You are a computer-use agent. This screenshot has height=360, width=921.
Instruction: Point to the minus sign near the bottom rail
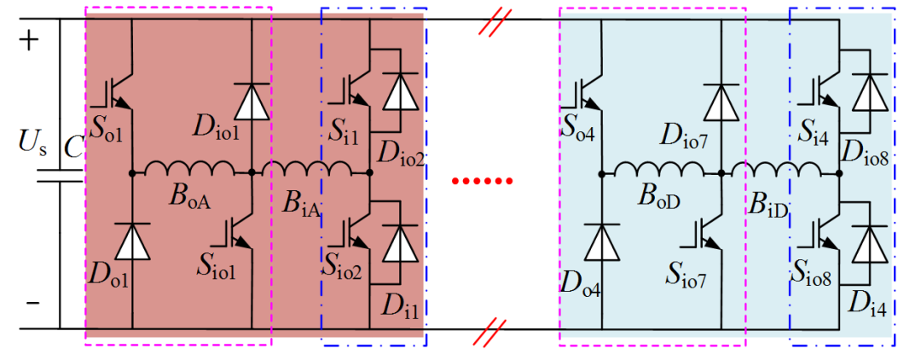tap(33, 303)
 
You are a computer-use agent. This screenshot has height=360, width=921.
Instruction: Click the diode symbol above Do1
tap(131, 241)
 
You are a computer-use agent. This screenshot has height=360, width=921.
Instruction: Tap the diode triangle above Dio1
tap(252, 102)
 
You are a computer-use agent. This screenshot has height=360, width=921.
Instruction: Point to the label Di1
tap(401, 305)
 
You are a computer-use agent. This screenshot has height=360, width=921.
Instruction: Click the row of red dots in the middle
tap(482, 182)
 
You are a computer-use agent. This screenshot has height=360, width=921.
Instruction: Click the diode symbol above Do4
tap(602, 241)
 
